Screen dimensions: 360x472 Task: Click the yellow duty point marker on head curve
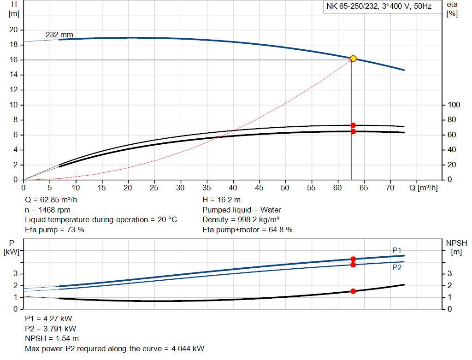point(353,59)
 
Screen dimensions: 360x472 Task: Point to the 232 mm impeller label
point(59,35)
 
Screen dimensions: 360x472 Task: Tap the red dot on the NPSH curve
point(353,291)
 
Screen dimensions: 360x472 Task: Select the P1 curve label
point(397,250)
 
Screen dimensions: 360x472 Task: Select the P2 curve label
point(397,267)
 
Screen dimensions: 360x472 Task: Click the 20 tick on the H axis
point(13,30)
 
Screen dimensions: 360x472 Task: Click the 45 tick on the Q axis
point(260,188)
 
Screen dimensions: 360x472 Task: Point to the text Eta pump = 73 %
point(54,230)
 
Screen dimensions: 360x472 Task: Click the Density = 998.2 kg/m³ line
point(241,220)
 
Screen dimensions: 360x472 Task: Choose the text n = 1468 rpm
point(47,210)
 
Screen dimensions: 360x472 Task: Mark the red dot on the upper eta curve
point(353,125)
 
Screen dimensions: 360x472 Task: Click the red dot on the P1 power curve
point(353,259)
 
